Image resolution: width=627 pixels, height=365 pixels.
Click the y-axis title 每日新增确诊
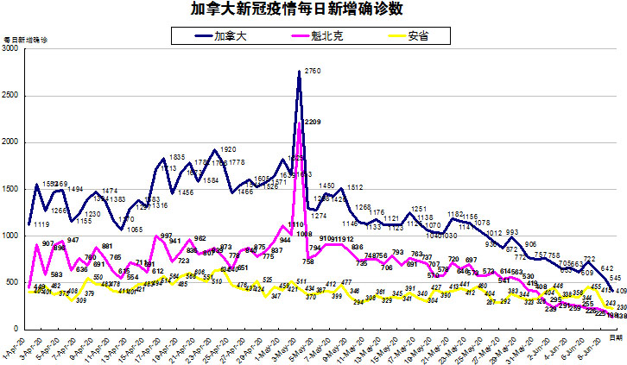click(x=27, y=40)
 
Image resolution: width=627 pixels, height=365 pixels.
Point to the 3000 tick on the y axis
click(x=11, y=49)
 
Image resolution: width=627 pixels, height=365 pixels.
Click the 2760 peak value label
click(x=313, y=71)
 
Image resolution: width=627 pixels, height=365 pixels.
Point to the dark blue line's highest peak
click(x=299, y=72)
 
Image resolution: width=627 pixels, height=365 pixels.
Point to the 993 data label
click(x=510, y=233)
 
